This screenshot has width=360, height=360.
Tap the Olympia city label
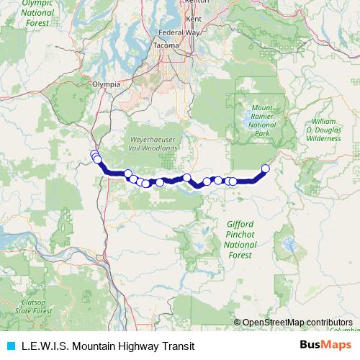[x=106, y=84]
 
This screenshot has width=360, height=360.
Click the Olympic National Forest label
[x=39, y=12]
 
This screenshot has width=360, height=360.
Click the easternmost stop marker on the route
[x=265, y=168]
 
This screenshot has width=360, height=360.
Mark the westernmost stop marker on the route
[x=94, y=153]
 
